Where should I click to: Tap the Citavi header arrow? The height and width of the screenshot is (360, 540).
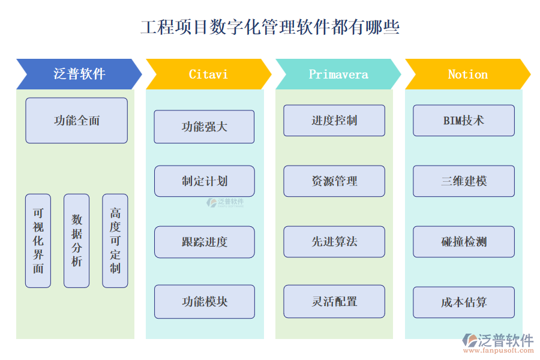(208, 74)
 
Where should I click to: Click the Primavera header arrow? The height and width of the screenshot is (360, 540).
(338, 74)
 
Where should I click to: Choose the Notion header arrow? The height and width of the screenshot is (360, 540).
(467, 74)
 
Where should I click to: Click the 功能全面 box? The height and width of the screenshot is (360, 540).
(76, 121)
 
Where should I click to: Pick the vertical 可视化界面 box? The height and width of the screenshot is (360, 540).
(38, 241)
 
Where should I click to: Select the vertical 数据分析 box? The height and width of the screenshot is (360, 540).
(76, 241)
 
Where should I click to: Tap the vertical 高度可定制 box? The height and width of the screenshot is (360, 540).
(115, 241)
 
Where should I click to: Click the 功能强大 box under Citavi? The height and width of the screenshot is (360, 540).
(204, 127)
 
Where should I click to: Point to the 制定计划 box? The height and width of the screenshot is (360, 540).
(204, 181)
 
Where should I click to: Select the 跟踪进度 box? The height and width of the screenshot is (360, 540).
(204, 242)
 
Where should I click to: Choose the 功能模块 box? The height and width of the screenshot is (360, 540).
(204, 302)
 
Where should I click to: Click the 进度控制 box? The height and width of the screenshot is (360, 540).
(334, 121)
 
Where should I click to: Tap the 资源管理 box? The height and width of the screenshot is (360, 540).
(334, 181)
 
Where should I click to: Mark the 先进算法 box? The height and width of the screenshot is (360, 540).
(334, 242)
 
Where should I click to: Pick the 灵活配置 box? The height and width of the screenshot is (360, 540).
(334, 302)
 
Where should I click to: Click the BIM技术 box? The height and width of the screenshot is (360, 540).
(464, 121)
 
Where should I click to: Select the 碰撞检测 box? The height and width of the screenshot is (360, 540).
(464, 242)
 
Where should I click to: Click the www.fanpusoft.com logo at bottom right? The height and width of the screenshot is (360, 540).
(498, 343)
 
